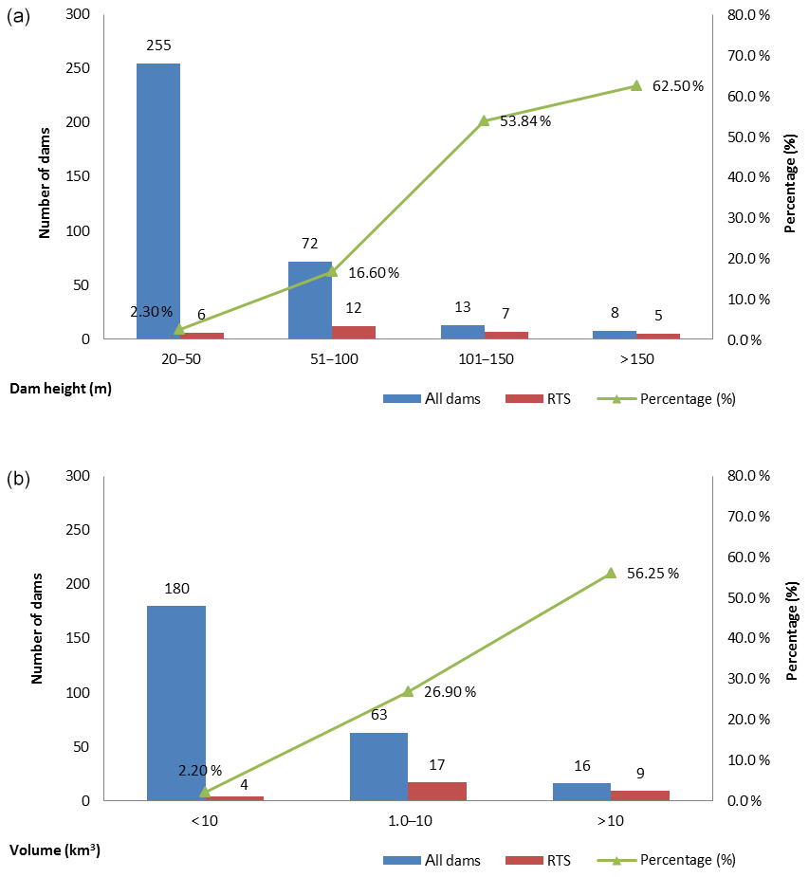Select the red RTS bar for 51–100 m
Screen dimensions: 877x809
354,332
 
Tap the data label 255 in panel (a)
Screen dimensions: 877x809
157,45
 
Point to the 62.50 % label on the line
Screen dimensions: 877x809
678,86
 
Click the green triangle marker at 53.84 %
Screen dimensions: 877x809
484,120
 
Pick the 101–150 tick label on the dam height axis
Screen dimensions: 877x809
484,359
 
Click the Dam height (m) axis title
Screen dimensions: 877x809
61,388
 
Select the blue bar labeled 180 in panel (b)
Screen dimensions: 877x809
176,703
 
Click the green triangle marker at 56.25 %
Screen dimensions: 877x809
610,573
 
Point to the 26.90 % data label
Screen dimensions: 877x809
450,692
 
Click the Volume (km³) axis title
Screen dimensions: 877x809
56,850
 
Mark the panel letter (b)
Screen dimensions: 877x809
18,479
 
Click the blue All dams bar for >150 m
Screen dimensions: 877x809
615,335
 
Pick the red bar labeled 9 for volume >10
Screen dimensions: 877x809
640,795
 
